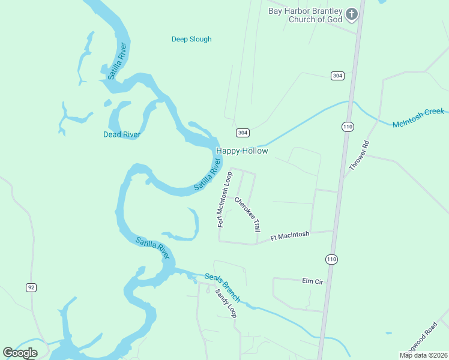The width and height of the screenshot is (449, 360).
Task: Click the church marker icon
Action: tap(352, 14)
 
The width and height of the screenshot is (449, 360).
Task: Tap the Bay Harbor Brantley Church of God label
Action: tap(305, 15)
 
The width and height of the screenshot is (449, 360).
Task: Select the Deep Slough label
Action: tap(191, 40)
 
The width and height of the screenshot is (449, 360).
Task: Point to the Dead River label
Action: tap(122, 134)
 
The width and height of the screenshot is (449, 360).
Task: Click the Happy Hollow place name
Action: tap(241, 151)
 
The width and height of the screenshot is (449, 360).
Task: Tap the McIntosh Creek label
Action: tap(418, 118)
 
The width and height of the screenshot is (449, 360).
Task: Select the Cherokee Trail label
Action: tap(247, 214)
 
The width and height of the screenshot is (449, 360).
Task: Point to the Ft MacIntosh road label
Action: tap(289, 236)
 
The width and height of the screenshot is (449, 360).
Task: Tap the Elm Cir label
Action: tap(313, 281)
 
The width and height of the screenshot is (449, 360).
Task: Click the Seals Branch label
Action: tap(222, 287)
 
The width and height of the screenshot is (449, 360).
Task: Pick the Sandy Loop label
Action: tap(226, 304)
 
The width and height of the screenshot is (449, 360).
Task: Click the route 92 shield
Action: tap(31, 287)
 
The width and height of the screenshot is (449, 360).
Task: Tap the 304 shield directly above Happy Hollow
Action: tap(243, 132)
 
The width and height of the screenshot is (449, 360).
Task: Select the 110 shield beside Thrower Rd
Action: tap(348, 127)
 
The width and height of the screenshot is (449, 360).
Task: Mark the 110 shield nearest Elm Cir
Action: tap(331, 259)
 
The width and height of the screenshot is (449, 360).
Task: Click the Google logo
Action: tap(20, 353)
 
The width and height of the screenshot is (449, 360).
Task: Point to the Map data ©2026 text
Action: tap(423, 355)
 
